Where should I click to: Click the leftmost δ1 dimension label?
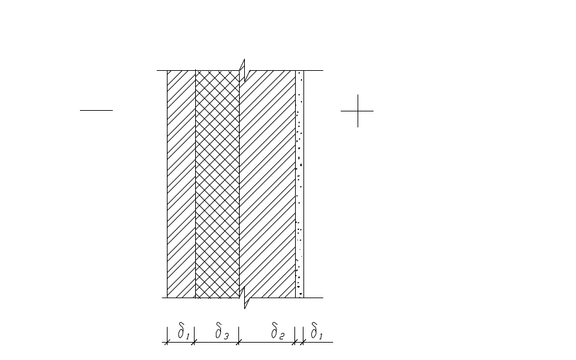pyautogui.click(x=183, y=332)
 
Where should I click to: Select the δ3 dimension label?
pyautogui.click(x=221, y=332)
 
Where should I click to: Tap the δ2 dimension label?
pyautogui.click(x=278, y=332)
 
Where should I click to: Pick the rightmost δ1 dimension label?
pyautogui.click(x=316, y=332)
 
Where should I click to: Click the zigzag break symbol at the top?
pyautogui.click(x=243, y=69)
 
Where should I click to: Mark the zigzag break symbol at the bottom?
pyautogui.click(x=244, y=298)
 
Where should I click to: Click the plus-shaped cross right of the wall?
pyautogui.click(x=358, y=111)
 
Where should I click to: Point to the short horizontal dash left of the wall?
pyautogui.click(x=96, y=110)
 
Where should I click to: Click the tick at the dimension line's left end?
pyautogui.click(x=167, y=342)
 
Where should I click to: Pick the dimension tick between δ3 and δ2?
pyautogui.click(x=239, y=342)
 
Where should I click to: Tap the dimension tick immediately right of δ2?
pyautogui.click(x=295, y=342)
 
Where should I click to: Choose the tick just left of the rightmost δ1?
pyautogui.click(x=303, y=342)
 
